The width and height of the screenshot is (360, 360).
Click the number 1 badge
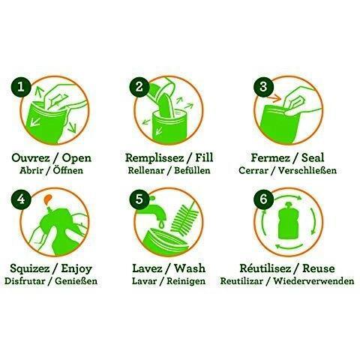coord(21,88)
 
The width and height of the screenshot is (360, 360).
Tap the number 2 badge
coord(139,87)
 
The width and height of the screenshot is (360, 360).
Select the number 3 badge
coord(263,87)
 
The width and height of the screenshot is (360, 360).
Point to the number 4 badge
coord(21,199)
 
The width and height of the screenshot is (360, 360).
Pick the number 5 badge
coord(139,199)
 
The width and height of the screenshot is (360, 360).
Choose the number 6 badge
coord(263,199)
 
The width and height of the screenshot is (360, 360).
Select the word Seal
coord(313,157)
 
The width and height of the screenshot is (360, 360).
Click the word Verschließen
coord(307,171)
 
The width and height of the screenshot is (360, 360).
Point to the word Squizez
coord(29,269)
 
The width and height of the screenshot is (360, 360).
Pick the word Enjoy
coord(76,269)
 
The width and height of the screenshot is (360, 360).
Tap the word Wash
coord(190,268)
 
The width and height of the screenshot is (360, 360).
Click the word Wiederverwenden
coord(313,281)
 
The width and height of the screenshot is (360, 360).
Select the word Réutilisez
coord(265,268)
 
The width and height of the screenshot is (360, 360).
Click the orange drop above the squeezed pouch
coord(47,199)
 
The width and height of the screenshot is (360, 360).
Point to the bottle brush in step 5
coord(184,217)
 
